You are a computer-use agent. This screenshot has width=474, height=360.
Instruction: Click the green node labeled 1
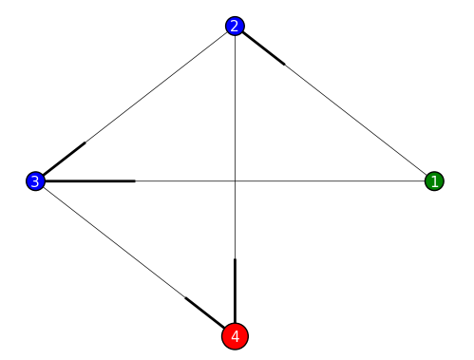[434, 180]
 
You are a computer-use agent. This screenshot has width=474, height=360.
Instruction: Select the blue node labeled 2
[235, 26]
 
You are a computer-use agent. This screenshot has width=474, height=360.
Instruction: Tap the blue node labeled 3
[35, 180]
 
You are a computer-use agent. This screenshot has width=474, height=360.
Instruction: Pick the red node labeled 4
[235, 335]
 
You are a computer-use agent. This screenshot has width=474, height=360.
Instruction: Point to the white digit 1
[434, 180]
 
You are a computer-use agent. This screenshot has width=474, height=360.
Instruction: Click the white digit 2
[235, 26]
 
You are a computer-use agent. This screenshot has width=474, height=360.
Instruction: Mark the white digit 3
[35, 180]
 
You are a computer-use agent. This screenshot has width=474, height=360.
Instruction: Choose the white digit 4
[235, 335]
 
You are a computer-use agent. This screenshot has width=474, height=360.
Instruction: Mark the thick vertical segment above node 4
[235, 285]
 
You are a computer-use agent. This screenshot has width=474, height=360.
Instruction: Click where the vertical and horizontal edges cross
[235, 180]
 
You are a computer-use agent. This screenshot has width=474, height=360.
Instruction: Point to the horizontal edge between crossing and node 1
[332, 180]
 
